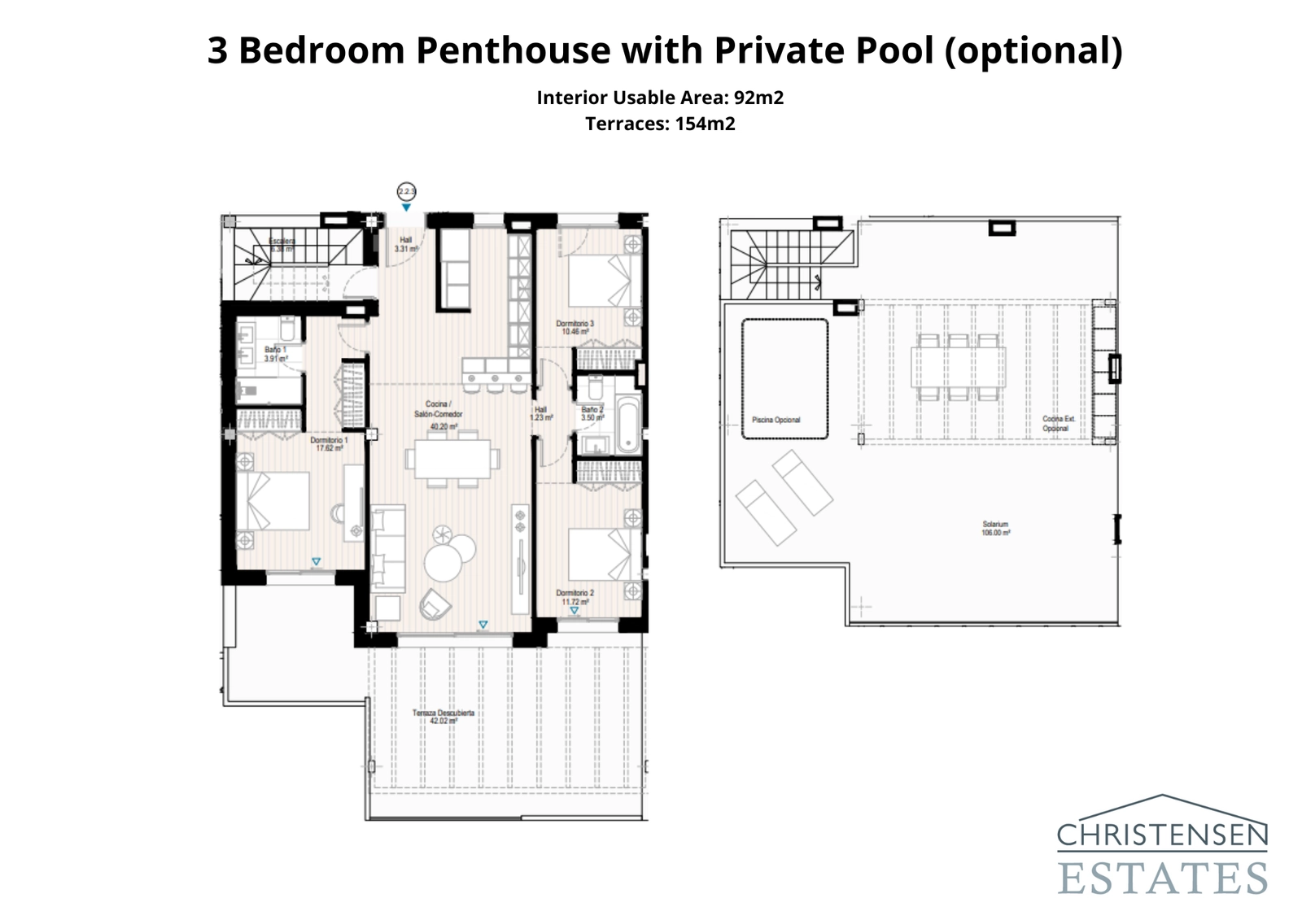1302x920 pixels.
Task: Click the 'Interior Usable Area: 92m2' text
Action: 660,98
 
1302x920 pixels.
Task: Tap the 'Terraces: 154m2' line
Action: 660,124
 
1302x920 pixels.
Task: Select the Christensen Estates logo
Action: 1162,846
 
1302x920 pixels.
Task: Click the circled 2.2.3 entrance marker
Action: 406,192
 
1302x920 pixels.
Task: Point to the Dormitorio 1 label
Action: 329,444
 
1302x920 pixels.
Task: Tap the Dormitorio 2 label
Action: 575,597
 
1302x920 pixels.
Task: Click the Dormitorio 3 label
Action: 575,327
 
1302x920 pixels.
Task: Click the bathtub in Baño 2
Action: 627,424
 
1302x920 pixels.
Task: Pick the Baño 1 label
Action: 275,354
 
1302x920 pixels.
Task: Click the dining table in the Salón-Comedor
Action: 452,460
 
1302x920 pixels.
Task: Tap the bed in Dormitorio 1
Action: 274,500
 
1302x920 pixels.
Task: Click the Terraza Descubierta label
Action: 443,717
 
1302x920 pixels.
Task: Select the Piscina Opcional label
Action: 776,421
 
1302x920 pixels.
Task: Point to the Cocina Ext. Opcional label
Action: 1059,424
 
